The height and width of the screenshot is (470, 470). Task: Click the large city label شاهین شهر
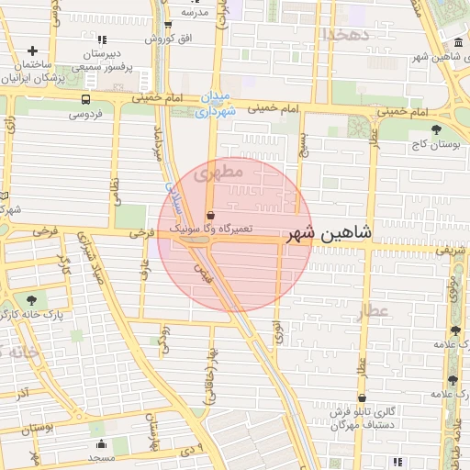coord(330,233)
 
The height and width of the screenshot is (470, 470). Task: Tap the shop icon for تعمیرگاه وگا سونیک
coord(211,216)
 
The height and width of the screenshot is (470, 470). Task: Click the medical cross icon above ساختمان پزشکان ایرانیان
coord(34,50)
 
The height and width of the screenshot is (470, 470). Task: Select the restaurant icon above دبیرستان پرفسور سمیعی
coord(101,40)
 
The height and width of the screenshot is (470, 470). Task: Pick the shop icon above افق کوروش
coord(167,25)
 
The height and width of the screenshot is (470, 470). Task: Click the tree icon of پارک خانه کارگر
coord(33,299)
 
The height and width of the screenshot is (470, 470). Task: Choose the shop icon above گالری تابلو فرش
coord(363,399)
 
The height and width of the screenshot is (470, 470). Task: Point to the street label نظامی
coord(116,190)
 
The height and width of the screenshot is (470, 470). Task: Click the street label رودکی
coord(164,340)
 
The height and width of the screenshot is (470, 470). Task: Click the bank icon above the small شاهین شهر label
coord(458,42)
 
